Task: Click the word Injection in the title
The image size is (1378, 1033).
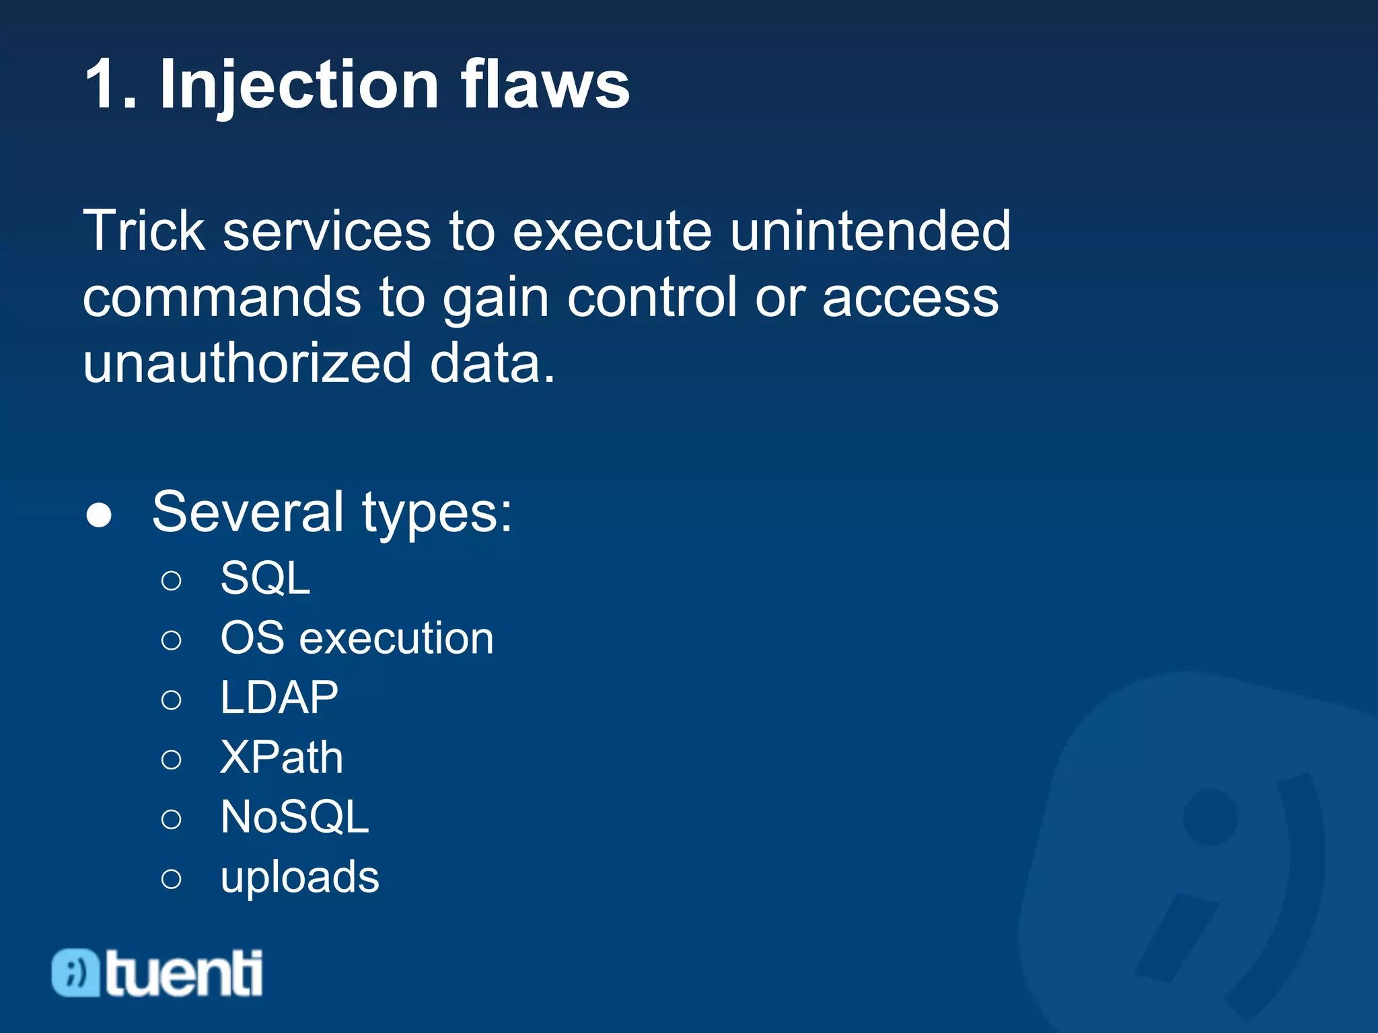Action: click(299, 85)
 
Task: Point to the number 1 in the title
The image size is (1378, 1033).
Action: click(104, 85)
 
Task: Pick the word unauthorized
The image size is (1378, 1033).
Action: click(247, 363)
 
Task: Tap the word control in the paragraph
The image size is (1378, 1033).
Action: click(652, 297)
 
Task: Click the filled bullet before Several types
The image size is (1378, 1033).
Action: click(99, 516)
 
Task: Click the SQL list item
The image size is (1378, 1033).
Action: click(265, 578)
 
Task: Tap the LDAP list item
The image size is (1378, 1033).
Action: click(279, 697)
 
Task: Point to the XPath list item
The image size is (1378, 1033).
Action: click(281, 757)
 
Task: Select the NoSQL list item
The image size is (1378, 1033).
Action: click(295, 817)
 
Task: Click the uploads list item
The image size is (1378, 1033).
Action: click(300, 877)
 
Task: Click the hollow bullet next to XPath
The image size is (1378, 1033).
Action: click(172, 760)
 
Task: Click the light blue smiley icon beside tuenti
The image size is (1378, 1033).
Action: click(76, 972)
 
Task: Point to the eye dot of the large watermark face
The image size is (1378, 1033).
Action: click(1210, 816)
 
